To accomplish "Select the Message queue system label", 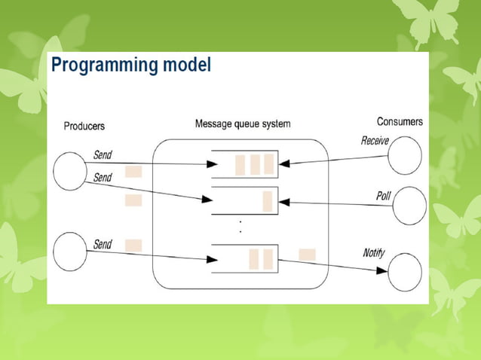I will (242, 124).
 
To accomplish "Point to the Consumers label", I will (400, 121).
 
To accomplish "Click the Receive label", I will (375, 140).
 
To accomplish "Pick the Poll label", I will (384, 196).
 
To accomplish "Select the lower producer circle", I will (72, 250).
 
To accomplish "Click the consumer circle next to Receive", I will (405, 155).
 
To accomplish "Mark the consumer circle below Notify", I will (404, 271).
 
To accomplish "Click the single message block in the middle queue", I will (267, 202).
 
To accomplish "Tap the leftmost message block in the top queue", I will (240, 164).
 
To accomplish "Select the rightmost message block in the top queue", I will (268, 164).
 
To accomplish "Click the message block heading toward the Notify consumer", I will (307, 255).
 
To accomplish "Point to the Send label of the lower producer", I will (103, 244).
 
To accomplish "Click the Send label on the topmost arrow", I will (103, 154).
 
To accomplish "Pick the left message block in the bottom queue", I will (254, 258).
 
